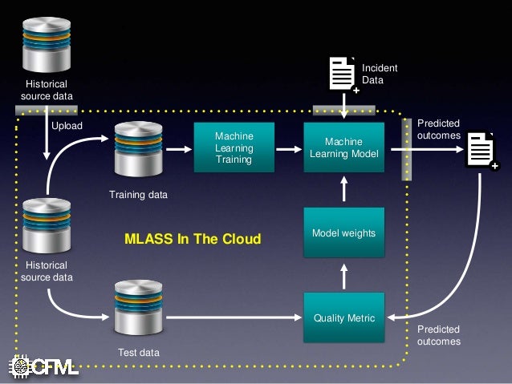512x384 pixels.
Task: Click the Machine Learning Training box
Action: click(234, 148)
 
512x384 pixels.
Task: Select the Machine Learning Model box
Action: click(343, 148)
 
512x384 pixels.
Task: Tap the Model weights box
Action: click(343, 232)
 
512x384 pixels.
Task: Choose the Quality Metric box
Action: click(343, 318)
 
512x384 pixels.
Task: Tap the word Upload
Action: click(67, 126)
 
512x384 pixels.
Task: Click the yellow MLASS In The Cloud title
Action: click(193, 239)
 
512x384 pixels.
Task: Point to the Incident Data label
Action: click(380, 75)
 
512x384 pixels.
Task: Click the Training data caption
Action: click(139, 194)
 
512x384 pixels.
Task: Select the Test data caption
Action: click(139, 353)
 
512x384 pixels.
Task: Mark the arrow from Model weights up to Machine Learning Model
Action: click(343, 191)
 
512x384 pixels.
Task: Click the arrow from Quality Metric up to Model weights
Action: click(343, 277)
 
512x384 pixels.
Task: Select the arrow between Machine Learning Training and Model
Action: click(288, 148)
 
